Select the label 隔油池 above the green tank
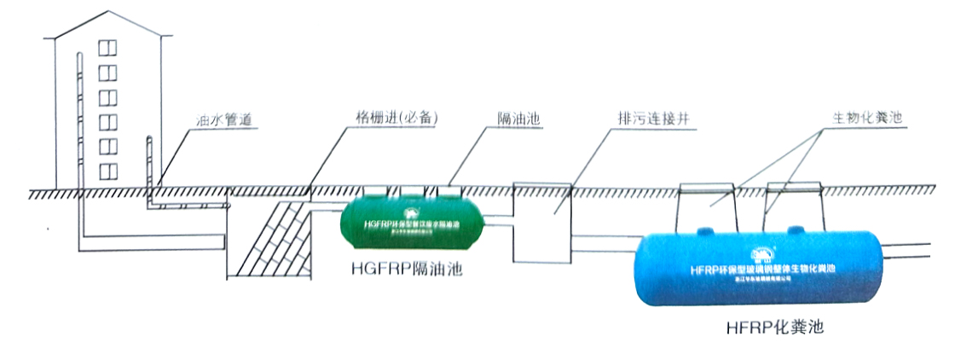[x=520, y=119]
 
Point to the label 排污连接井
[x=651, y=119]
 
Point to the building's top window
[x=107, y=49]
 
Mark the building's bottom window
[x=107, y=171]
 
